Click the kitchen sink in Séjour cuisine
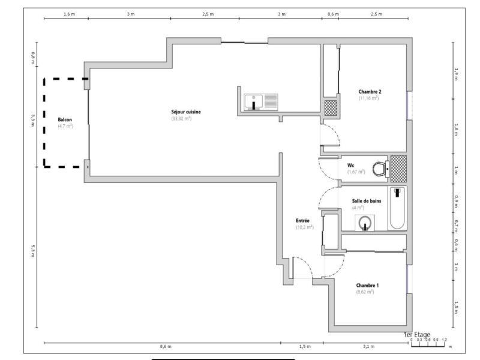tap(261, 102)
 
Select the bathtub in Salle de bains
tap(397, 208)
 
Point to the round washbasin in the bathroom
tap(365, 224)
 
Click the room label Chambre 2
tap(370, 92)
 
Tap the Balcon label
tap(65, 120)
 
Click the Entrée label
tap(303, 221)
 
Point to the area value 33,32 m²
tap(181, 119)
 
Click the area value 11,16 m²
tap(369, 98)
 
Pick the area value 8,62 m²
tap(365, 292)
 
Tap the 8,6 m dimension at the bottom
tap(166, 347)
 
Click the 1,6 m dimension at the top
tap(66, 13)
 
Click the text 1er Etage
tap(416, 334)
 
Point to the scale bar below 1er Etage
tap(428, 344)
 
